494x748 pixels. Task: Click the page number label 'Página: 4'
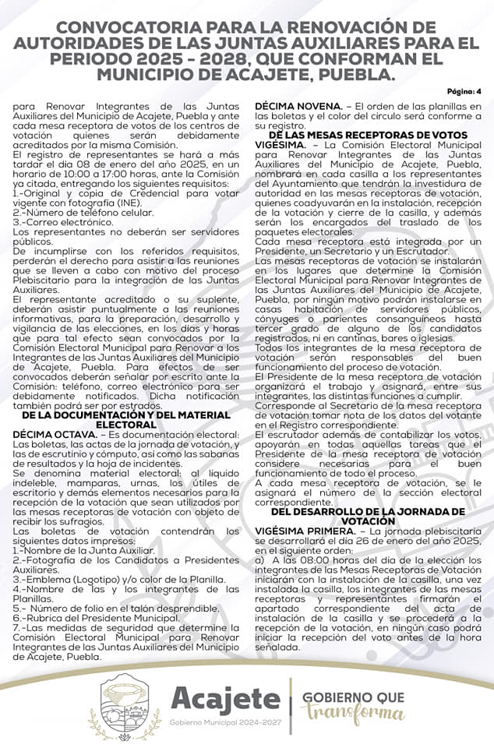pos(464,91)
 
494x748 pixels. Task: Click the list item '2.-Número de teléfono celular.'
pos(83,213)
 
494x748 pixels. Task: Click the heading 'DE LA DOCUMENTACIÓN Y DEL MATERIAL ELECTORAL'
pos(125,420)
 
